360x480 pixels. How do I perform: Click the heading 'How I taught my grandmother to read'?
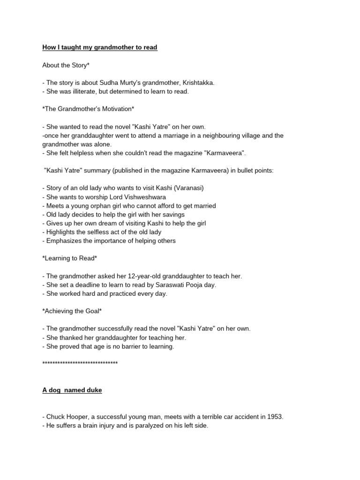(99, 47)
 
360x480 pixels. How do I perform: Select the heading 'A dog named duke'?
(72, 390)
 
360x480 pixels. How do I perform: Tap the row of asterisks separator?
(80, 363)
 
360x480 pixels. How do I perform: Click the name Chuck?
(55, 416)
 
